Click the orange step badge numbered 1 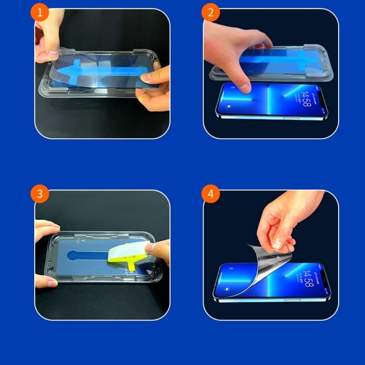[40, 13]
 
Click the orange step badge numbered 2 [210, 13]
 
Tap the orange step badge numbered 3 [40, 193]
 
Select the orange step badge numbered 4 [210, 193]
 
